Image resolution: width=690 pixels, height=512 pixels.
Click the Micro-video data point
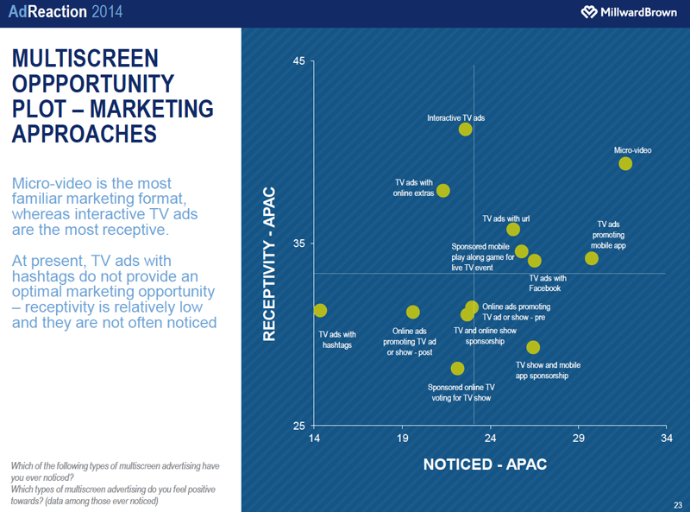(x=625, y=164)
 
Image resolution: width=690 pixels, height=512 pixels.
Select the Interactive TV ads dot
(x=466, y=130)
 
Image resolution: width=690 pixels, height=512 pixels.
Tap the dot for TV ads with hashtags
(x=320, y=311)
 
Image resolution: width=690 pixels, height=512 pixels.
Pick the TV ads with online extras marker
(x=443, y=191)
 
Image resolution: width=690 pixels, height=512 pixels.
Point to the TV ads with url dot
(x=513, y=230)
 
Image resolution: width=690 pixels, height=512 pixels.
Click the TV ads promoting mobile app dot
(x=592, y=258)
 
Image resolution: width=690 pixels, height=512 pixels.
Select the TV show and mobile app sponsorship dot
(x=533, y=347)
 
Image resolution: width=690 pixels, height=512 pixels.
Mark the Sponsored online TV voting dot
(x=457, y=369)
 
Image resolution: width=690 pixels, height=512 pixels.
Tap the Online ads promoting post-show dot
(x=412, y=313)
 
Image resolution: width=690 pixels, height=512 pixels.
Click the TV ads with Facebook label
(x=547, y=283)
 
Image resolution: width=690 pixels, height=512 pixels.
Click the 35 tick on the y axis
(x=299, y=244)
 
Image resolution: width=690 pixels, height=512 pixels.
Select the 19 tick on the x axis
(x=403, y=439)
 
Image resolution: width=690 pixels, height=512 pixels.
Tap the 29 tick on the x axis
(x=578, y=439)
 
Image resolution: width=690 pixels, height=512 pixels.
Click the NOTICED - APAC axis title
(x=485, y=465)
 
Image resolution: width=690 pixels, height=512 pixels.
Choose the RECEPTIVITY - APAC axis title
(x=269, y=263)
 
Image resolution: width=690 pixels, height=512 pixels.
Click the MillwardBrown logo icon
(x=588, y=12)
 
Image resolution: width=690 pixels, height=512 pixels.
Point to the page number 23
(x=678, y=504)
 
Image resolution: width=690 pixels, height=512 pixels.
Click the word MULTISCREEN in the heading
(x=85, y=59)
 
